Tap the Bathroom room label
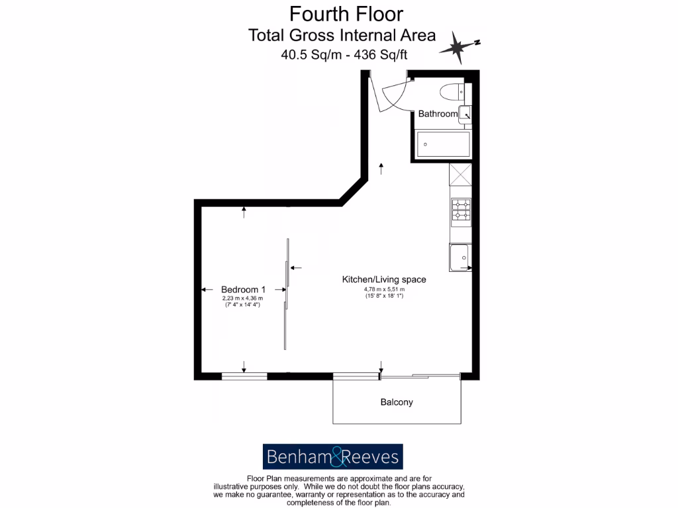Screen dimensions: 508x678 [x=438, y=114]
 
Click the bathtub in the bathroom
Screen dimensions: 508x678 [x=442, y=144]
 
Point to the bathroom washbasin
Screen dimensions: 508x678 [x=465, y=114]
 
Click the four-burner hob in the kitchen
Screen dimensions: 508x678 [x=461, y=210]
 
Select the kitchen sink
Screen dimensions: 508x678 [x=460, y=257]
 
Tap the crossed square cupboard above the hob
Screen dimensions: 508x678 [x=460, y=174]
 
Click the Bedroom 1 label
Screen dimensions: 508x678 [x=243, y=289]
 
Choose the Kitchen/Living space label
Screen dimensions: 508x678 [x=383, y=280]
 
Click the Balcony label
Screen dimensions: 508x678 [x=397, y=402]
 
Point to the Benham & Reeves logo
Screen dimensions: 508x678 [x=333, y=456]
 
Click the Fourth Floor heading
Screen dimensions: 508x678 [x=346, y=14]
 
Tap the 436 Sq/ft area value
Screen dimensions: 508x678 [x=381, y=56]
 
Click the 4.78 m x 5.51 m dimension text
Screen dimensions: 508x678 [x=384, y=290]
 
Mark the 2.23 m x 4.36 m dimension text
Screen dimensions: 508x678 [x=242, y=298]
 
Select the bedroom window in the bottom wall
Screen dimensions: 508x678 [x=244, y=376]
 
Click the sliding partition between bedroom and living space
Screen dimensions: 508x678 [x=286, y=294]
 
